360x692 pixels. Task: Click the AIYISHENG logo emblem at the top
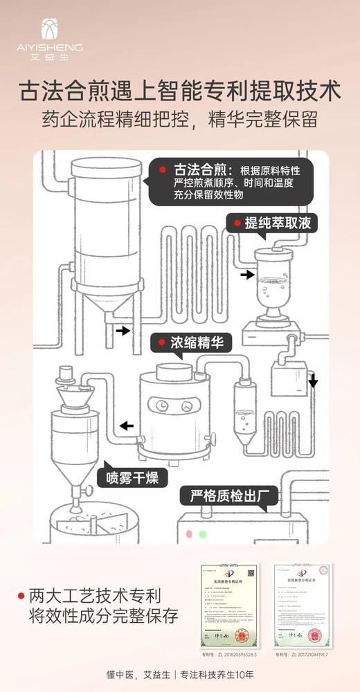50,28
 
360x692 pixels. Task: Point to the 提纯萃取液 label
276,224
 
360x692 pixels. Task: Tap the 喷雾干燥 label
136,477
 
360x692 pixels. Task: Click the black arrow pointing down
313,381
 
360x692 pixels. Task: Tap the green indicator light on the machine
202,534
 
